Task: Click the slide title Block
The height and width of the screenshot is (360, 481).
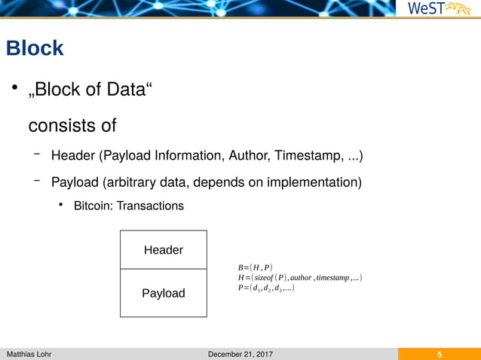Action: [35, 49]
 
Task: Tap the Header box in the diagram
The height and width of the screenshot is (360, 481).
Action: [163, 249]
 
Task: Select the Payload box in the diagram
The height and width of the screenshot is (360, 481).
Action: [163, 293]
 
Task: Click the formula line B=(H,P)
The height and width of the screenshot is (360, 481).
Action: [255, 267]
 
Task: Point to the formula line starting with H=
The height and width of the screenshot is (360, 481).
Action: [300, 278]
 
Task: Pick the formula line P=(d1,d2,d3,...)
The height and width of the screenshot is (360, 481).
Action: [265, 288]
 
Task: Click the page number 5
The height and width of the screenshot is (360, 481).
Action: [439, 354]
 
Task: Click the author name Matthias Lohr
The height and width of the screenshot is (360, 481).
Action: [29, 354]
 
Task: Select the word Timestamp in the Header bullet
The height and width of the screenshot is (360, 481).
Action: [308, 157]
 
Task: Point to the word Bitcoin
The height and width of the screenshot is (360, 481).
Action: [93, 206]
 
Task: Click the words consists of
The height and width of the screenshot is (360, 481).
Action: [72, 124]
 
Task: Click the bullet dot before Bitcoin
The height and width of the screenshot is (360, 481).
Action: [61, 205]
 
